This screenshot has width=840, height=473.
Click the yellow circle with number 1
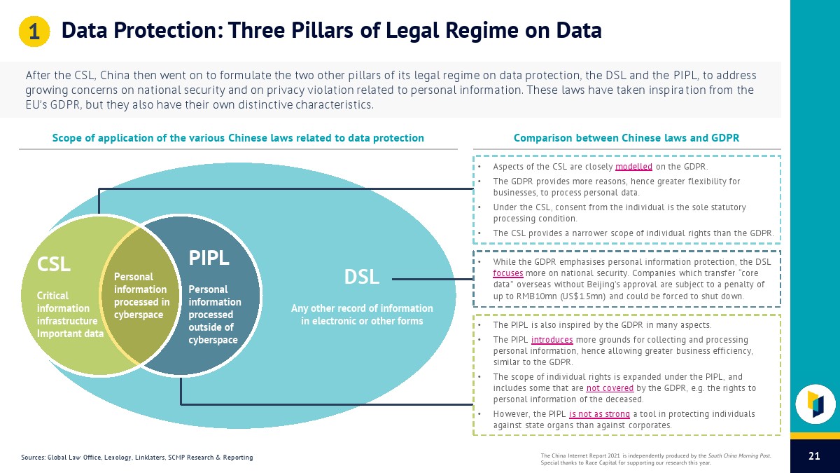[x=33, y=32]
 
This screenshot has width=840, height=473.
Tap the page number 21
[x=814, y=457]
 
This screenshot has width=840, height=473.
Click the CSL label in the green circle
[x=54, y=264]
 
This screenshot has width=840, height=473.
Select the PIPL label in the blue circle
[x=209, y=258]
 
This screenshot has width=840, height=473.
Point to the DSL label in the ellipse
[x=361, y=277]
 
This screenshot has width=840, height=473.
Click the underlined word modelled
[x=633, y=167]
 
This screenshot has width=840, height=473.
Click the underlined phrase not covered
[x=610, y=388]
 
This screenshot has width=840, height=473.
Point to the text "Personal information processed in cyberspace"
[x=141, y=296]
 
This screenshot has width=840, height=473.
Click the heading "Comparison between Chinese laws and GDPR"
[x=626, y=138]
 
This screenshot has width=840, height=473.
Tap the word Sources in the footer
[x=32, y=458]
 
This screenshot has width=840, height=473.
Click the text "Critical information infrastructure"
[x=66, y=308]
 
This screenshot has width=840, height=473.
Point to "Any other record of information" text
[x=362, y=308]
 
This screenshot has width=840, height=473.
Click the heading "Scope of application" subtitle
[x=238, y=138]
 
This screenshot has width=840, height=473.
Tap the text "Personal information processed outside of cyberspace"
[x=214, y=315]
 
